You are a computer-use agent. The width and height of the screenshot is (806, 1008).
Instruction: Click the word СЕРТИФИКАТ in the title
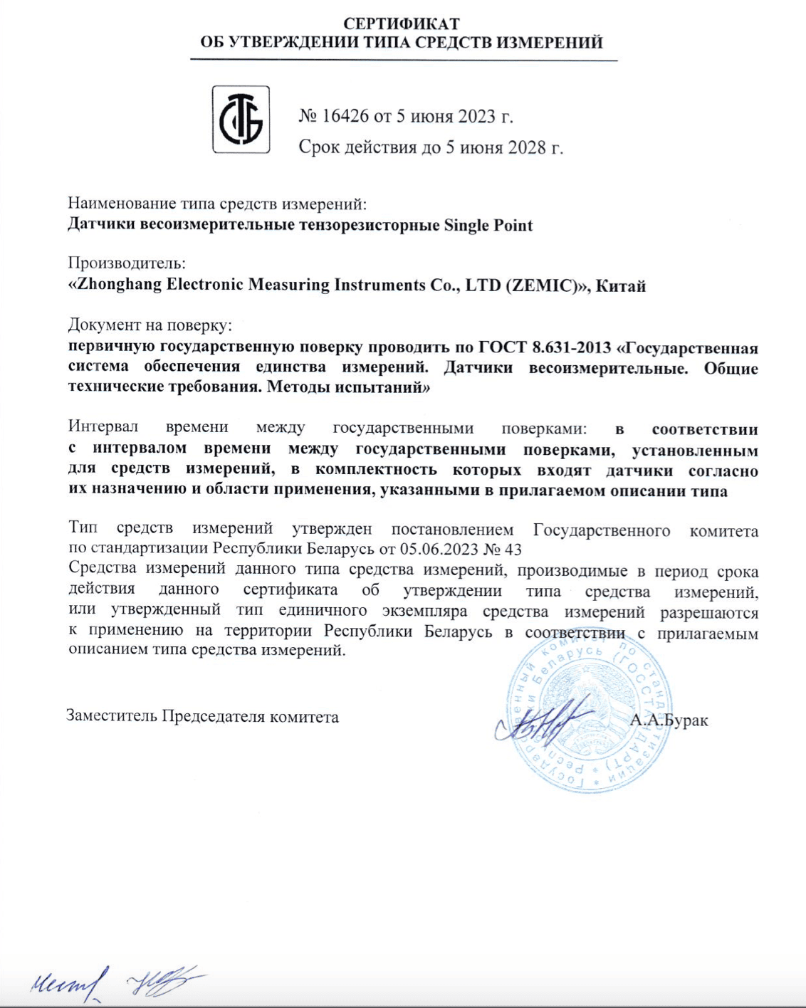click(x=402, y=24)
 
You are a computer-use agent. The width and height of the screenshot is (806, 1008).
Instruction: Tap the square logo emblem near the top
click(x=241, y=120)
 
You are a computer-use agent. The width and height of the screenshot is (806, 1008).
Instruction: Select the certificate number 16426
click(x=346, y=116)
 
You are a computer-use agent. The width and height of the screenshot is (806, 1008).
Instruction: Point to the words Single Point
click(x=488, y=226)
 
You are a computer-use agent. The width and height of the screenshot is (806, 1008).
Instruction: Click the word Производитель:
click(x=127, y=263)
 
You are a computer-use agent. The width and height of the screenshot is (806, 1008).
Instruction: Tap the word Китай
click(x=620, y=286)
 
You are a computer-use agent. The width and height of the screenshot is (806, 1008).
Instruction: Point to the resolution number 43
click(x=513, y=550)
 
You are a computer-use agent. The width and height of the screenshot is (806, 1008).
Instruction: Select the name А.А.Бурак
click(x=669, y=720)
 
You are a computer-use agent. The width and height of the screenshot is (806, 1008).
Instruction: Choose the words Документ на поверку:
click(x=150, y=325)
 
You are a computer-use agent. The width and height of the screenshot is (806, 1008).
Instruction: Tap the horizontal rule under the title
click(x=403, y=61)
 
